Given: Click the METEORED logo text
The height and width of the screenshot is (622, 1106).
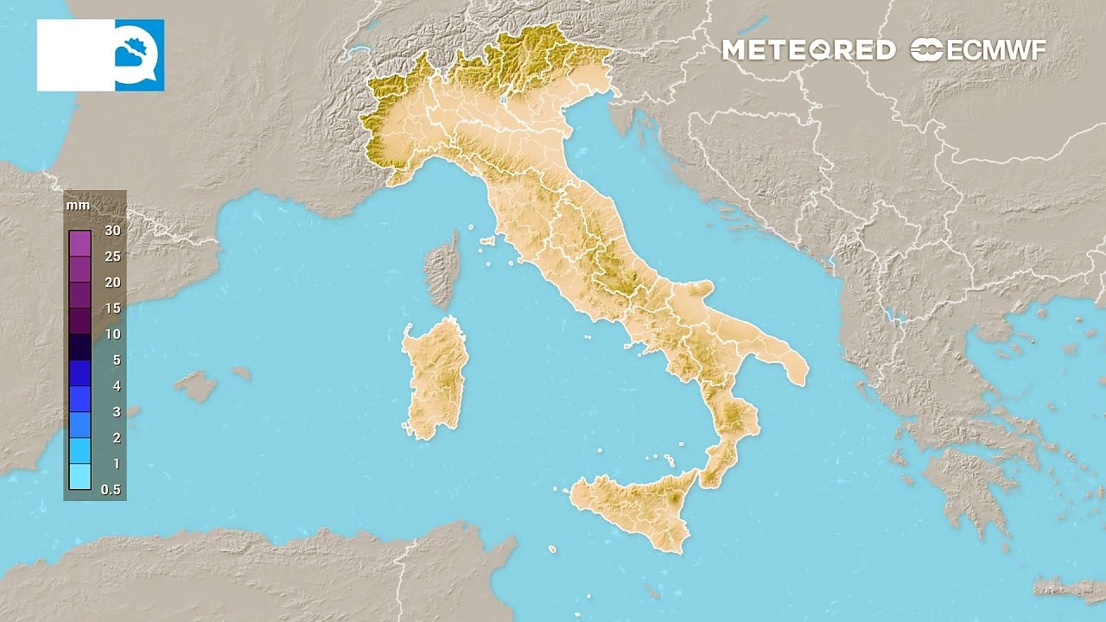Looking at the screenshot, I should (x=808, y=50).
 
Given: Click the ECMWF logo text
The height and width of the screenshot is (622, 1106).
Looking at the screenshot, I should (x=978, y=50).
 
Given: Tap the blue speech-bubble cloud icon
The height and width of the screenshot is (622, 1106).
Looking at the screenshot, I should (x=139, y=55).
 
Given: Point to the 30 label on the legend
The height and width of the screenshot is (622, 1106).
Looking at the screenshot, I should (x=112, y=230).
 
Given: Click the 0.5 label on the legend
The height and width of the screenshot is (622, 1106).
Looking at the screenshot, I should (x=111, y=490).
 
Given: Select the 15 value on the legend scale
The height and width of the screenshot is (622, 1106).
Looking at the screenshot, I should (x=112, y=308).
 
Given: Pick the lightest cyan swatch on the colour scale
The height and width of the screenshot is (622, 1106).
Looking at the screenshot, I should (x=79, y=477).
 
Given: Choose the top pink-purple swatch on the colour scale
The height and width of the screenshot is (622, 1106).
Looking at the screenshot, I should (x=79, y=244).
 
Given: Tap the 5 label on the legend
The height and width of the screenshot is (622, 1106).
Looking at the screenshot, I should (x=116, y=360).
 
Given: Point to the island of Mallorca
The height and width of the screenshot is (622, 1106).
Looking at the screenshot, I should (x=197, y=385).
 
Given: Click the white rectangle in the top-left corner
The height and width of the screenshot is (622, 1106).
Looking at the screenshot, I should (x=75, y=55).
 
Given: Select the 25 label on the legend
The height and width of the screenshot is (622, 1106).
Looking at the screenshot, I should (x=112, y=257).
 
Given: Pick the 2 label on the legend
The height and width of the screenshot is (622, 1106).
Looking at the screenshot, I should (x=116, y=438).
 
